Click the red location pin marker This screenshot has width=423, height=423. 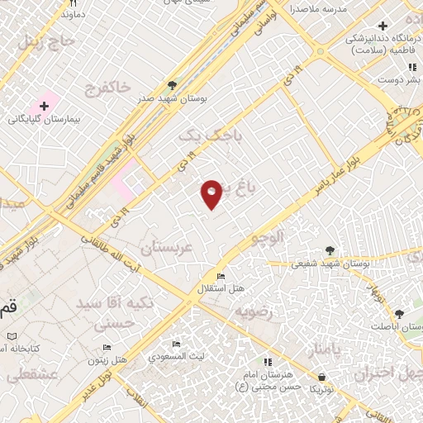pos(212,192)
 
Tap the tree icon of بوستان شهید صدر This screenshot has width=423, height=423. pos(172,85)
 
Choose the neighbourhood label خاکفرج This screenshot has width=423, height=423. pos(107,86)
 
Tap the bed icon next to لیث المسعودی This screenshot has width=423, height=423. pos(176,345)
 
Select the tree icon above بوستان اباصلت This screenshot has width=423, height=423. pos(400,315)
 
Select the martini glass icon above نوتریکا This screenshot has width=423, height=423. pos(313,373)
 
